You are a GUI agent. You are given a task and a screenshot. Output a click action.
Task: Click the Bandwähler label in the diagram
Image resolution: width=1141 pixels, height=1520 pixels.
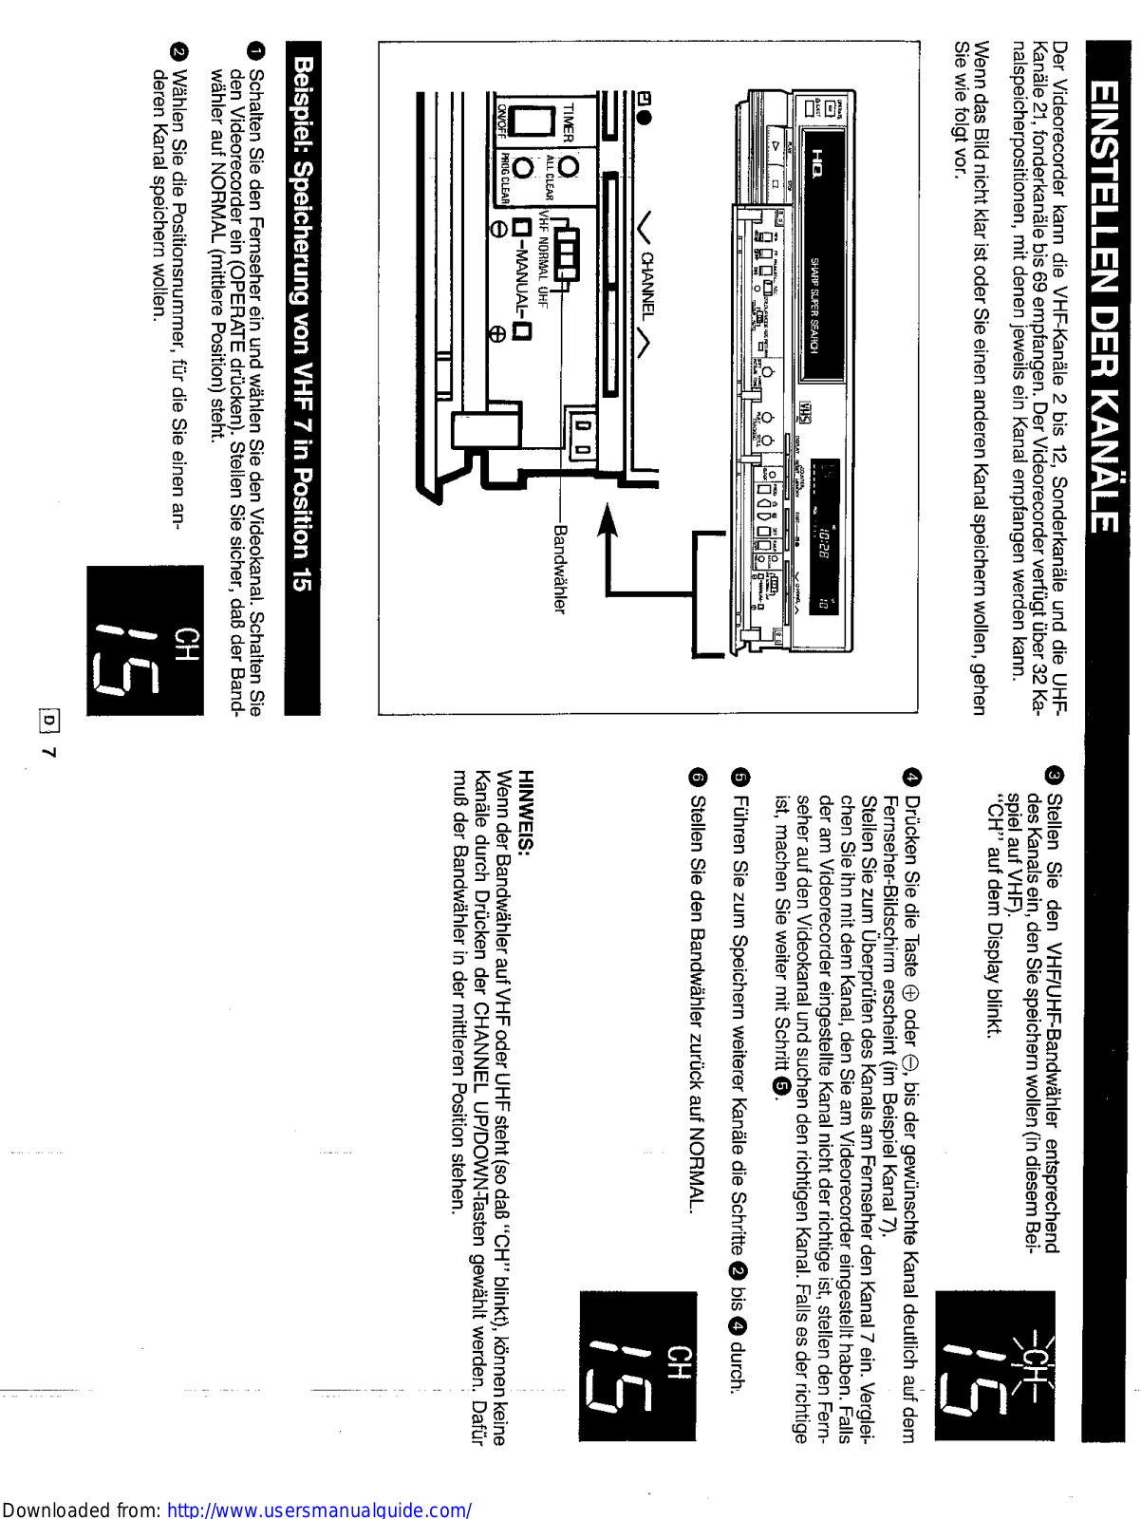point(559,569)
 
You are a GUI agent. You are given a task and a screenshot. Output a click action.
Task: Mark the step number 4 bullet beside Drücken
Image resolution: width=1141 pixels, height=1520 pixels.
point(912,776)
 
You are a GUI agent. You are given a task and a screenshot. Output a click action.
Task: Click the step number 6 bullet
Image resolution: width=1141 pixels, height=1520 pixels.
point(698,777)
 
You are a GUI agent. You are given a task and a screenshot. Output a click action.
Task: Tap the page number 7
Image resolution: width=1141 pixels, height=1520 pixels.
point(48,752)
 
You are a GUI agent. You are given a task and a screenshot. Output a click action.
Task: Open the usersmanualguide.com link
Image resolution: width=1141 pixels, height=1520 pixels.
point(319,1510)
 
